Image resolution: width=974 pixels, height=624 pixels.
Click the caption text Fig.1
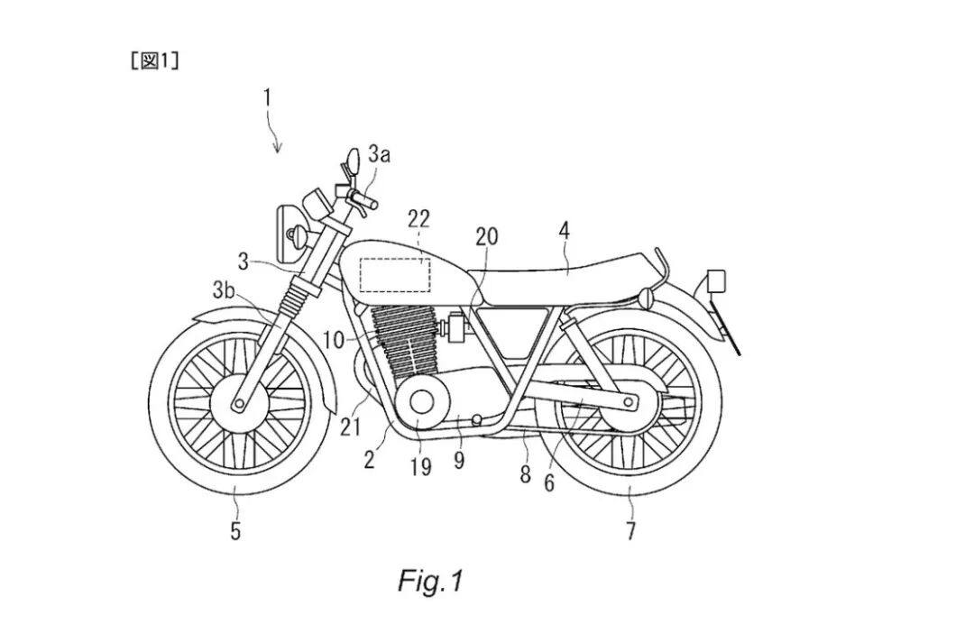430,581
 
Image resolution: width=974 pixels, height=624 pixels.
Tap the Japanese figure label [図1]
155,61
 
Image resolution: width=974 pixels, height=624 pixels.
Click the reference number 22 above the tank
418,218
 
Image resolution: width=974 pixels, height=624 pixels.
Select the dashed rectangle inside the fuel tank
395,274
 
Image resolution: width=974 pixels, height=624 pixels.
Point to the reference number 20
487,236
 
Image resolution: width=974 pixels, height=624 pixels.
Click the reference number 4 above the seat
564,232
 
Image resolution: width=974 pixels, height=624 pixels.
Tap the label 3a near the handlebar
379,154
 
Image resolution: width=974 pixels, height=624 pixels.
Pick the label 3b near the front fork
224,290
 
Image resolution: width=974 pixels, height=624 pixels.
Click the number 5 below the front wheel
234,531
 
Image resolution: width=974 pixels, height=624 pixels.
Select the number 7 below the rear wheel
630,531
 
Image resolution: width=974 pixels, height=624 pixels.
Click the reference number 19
420,467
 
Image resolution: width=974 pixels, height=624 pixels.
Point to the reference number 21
350,428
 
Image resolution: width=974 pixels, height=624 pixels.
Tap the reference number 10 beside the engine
335,340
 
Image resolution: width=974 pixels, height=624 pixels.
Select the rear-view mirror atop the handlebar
353,161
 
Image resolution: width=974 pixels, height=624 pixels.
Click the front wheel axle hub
238,404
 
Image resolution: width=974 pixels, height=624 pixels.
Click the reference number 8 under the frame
526,475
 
